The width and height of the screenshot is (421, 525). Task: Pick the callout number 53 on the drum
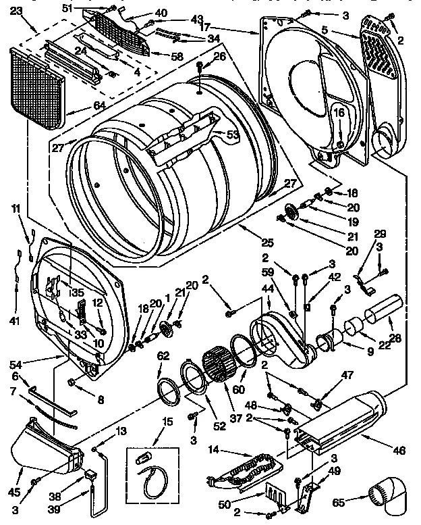[x=233, y=136]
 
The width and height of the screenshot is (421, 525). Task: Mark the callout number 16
[x=339, y=113]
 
